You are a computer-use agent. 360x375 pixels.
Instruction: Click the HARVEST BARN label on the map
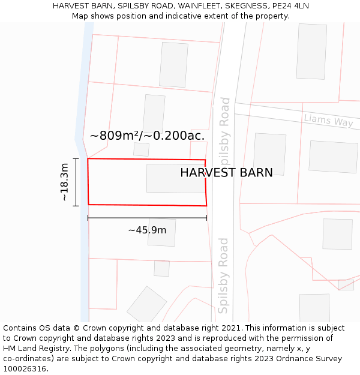point(226,173)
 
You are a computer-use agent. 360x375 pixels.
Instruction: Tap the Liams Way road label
point(328,120)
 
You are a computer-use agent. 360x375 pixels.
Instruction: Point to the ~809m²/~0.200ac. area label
point(147,136)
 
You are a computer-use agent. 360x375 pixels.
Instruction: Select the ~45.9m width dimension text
point(147,230)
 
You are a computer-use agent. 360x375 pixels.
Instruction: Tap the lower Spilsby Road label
point(223,275)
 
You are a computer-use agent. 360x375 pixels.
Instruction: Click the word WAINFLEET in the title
point(195,5)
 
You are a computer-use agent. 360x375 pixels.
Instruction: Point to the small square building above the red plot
point(141,149)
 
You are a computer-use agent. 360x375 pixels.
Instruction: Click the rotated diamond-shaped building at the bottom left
point(146,304)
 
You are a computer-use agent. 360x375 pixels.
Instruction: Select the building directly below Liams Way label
point(333,157)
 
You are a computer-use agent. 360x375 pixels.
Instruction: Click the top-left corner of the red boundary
point(88,158)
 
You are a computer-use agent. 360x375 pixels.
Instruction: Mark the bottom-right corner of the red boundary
point(206,206)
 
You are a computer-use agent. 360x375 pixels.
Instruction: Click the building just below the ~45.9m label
point(161,233)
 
